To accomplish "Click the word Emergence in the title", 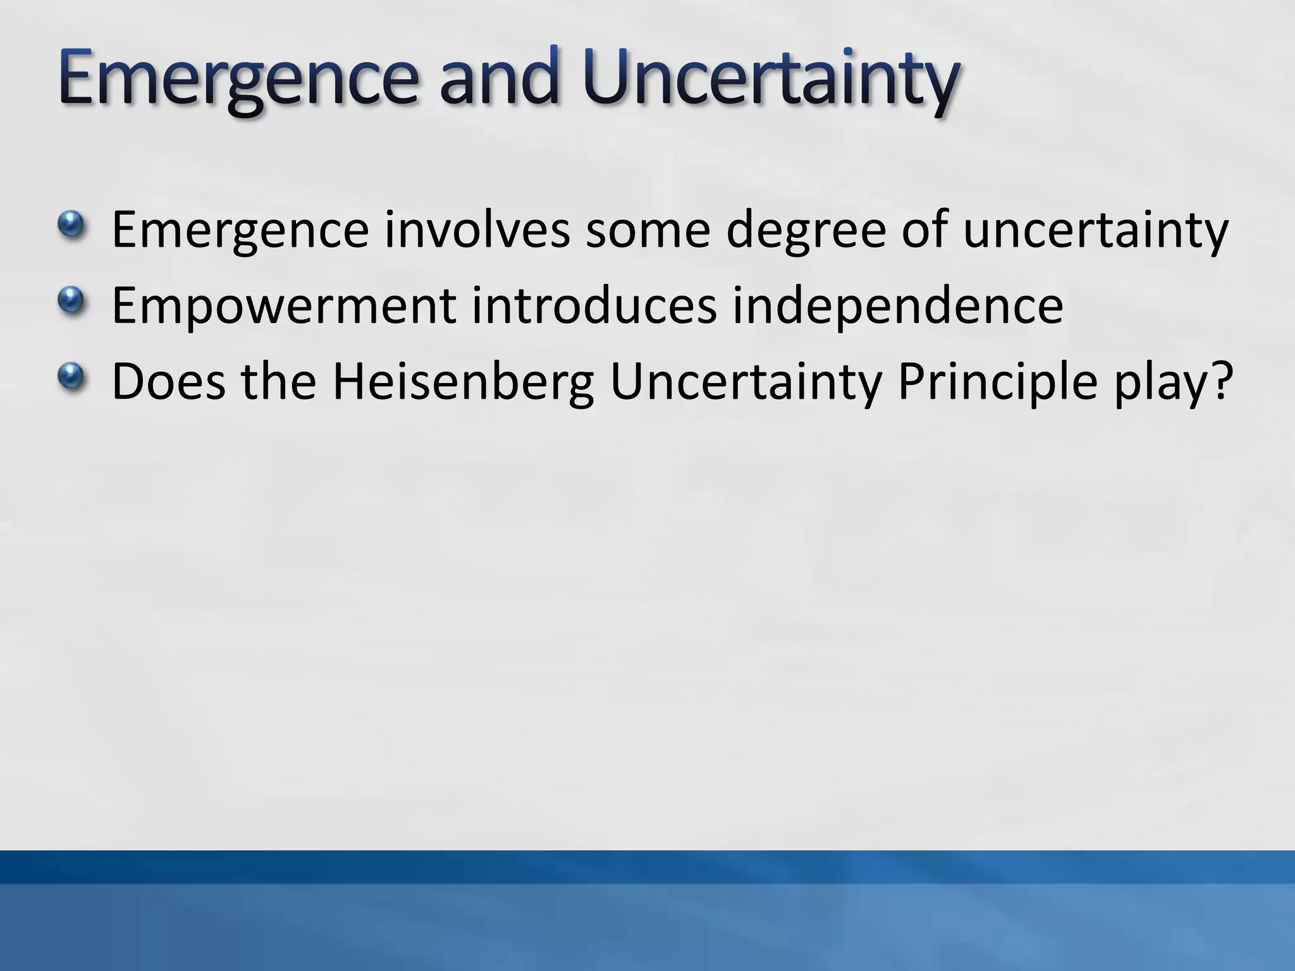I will [237, 79].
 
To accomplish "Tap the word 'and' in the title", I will [498, 79].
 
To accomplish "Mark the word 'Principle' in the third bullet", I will [997, 382].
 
